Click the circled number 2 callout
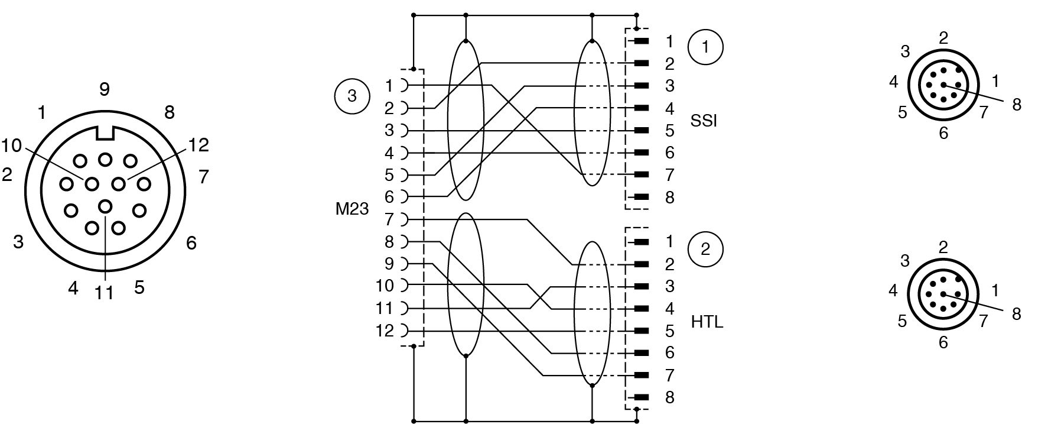(x=705, y=249)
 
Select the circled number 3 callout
(x=352, y=95)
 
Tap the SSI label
(x=703, y=121)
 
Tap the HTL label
(x=707, y=322)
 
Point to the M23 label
(x=351, y=209)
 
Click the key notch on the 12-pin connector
(x=105, y=133)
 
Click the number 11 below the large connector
(x=104, y=293)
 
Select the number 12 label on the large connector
(x=198, y=145)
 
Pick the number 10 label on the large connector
(x=11, y=145)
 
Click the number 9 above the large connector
(x=105, y=89)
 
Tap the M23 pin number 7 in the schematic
(x=388, y=219)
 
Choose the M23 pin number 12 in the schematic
(x=385, y=331)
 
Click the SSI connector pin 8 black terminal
(x=641, y=198)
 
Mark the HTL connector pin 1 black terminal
(x=641, y=242)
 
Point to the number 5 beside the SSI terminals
(x=669, y=131)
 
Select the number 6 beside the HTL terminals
(x=669, y=353)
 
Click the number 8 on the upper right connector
(x=1017, y=105)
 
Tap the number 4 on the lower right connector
(x=893, y=290)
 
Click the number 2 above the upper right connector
(x=943, y=38)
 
